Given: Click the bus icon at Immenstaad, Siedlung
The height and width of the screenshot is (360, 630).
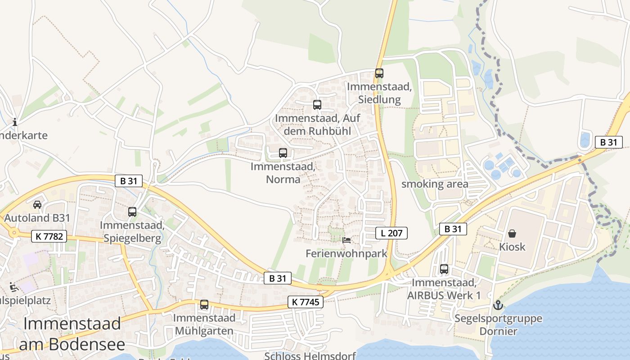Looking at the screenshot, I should pos(379,73).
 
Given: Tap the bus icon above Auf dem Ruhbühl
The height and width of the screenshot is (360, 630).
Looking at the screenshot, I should pos(317,105).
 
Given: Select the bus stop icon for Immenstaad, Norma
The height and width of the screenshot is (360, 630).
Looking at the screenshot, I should pos(283,153).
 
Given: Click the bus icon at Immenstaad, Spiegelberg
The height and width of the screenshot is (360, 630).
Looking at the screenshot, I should pos(132,212).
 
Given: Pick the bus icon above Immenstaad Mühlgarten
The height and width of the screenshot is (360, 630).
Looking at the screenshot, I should pos(204,305).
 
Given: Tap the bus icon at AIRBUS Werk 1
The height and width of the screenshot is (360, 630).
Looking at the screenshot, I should pos(444,269).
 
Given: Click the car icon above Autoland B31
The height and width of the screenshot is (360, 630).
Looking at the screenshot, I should pos(37,204).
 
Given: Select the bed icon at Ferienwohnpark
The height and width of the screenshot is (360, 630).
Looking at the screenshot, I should pos(346,240).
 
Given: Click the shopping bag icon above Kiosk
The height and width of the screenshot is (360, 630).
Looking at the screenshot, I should pos(512,234).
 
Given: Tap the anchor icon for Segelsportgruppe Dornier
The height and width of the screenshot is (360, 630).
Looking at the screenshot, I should pos(498,306).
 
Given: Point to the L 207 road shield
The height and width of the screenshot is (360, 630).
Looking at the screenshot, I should pos(391,233).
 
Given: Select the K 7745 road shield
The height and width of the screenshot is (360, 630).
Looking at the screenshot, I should pos(306,302).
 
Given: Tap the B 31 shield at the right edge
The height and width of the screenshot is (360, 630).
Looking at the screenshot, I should pos(608,142).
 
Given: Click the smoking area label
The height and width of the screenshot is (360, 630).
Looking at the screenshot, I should pos(435,184).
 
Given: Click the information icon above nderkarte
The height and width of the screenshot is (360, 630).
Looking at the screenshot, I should pos(15,122).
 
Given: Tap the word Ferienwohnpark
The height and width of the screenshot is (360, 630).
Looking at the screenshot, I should pos(346,253).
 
